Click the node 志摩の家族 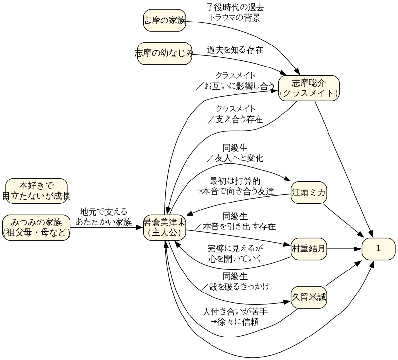[164, 20]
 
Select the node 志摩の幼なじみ [164, 53]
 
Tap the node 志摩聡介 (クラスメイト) [308, 88]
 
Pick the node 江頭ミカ [308, 192]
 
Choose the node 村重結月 [308, 248]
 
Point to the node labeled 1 [378, 248]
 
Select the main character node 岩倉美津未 [164, 227]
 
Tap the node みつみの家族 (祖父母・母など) [36, 227]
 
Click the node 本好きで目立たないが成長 [36, 191]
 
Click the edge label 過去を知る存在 [235, 50]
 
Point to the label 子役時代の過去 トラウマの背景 [235, 13]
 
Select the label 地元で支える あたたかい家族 [104, 217]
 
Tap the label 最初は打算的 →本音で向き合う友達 [234, 186]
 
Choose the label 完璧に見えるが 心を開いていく [235, 253]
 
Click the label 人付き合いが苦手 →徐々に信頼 [235, 316]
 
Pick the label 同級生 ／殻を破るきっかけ [235, 281]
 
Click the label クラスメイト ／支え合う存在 [235, 114]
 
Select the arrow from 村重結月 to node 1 [344, 248]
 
